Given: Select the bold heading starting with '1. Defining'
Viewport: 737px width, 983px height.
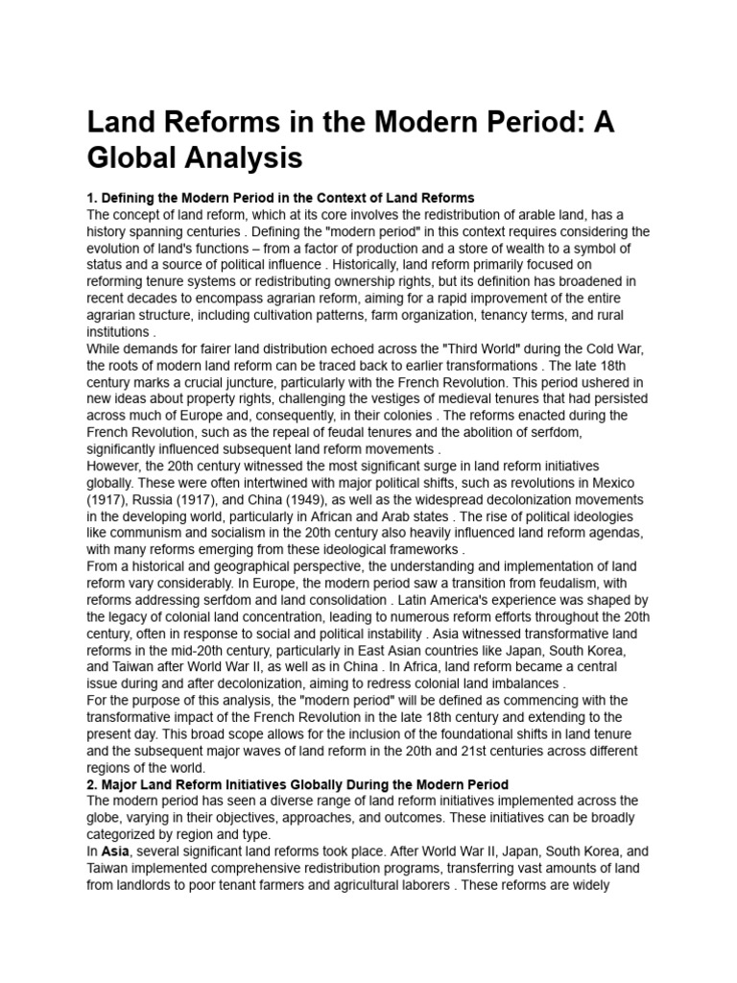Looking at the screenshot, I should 280,198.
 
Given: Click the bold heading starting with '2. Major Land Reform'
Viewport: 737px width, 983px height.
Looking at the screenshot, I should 297,784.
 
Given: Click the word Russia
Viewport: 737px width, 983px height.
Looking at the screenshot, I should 158,500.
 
